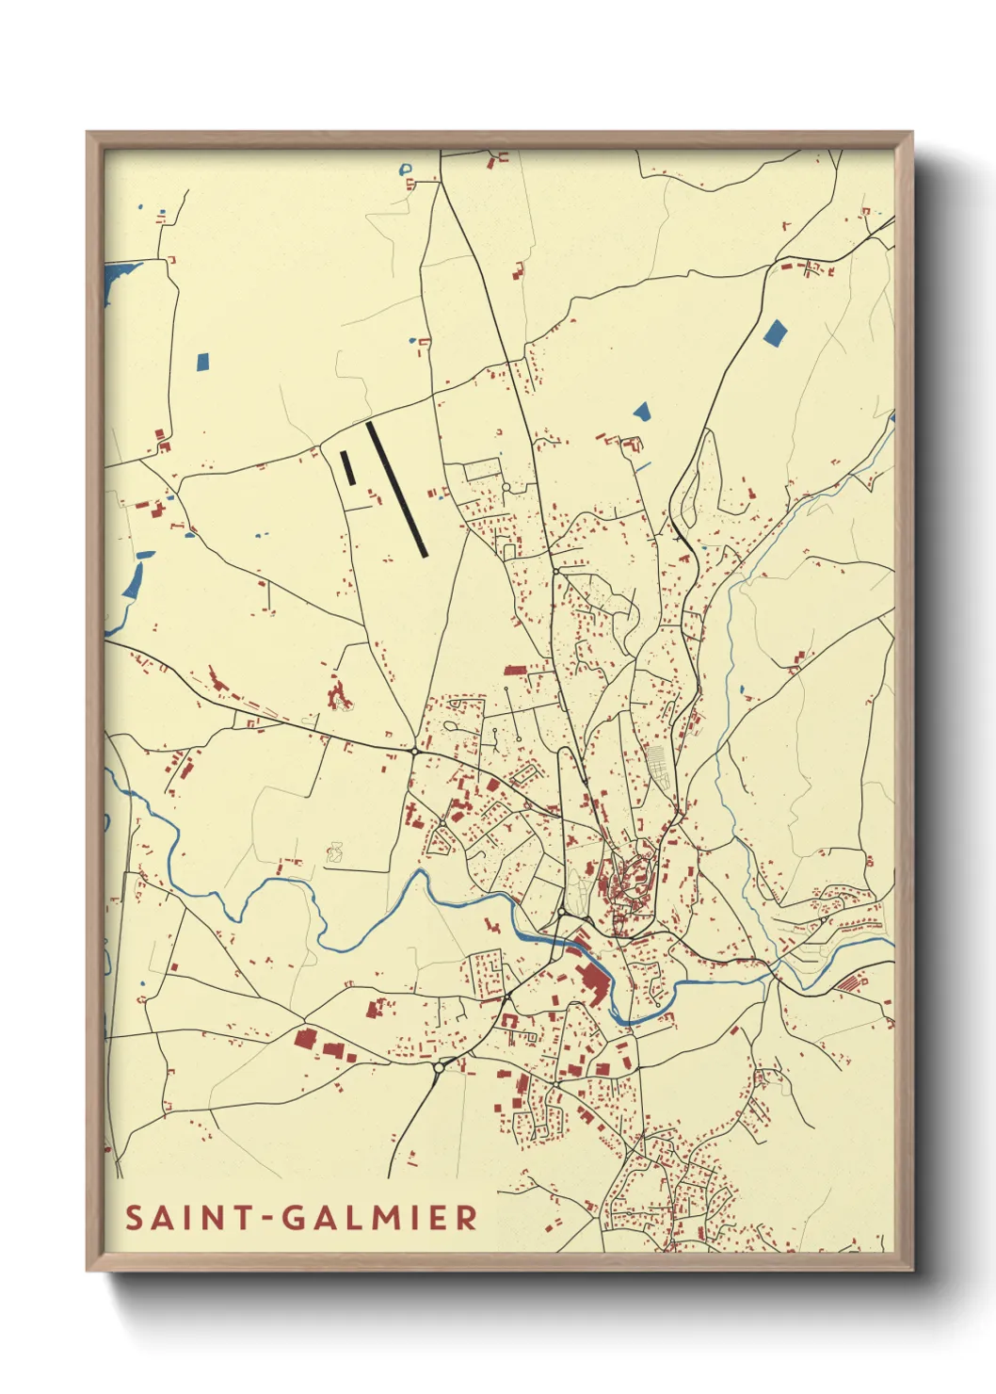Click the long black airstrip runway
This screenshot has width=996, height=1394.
(397, 489)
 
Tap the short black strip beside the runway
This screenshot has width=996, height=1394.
(347, 468)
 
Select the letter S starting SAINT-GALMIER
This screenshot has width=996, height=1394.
(134, 1218)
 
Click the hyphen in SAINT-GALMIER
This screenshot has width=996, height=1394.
(268, 1219)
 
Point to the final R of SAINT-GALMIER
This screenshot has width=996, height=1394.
(466, 1218)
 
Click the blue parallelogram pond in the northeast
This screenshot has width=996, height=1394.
(775, 333)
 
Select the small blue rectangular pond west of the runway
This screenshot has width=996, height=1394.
(202, 361)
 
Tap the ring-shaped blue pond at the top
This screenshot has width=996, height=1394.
(407, 170)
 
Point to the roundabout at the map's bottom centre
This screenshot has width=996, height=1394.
(439, 1068)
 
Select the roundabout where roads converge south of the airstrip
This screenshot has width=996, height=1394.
(414, 751)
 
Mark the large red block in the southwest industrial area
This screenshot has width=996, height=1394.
(305, 1039)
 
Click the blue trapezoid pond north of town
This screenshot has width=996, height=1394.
(642, 411)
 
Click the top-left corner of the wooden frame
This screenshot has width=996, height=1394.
(90, 136)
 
